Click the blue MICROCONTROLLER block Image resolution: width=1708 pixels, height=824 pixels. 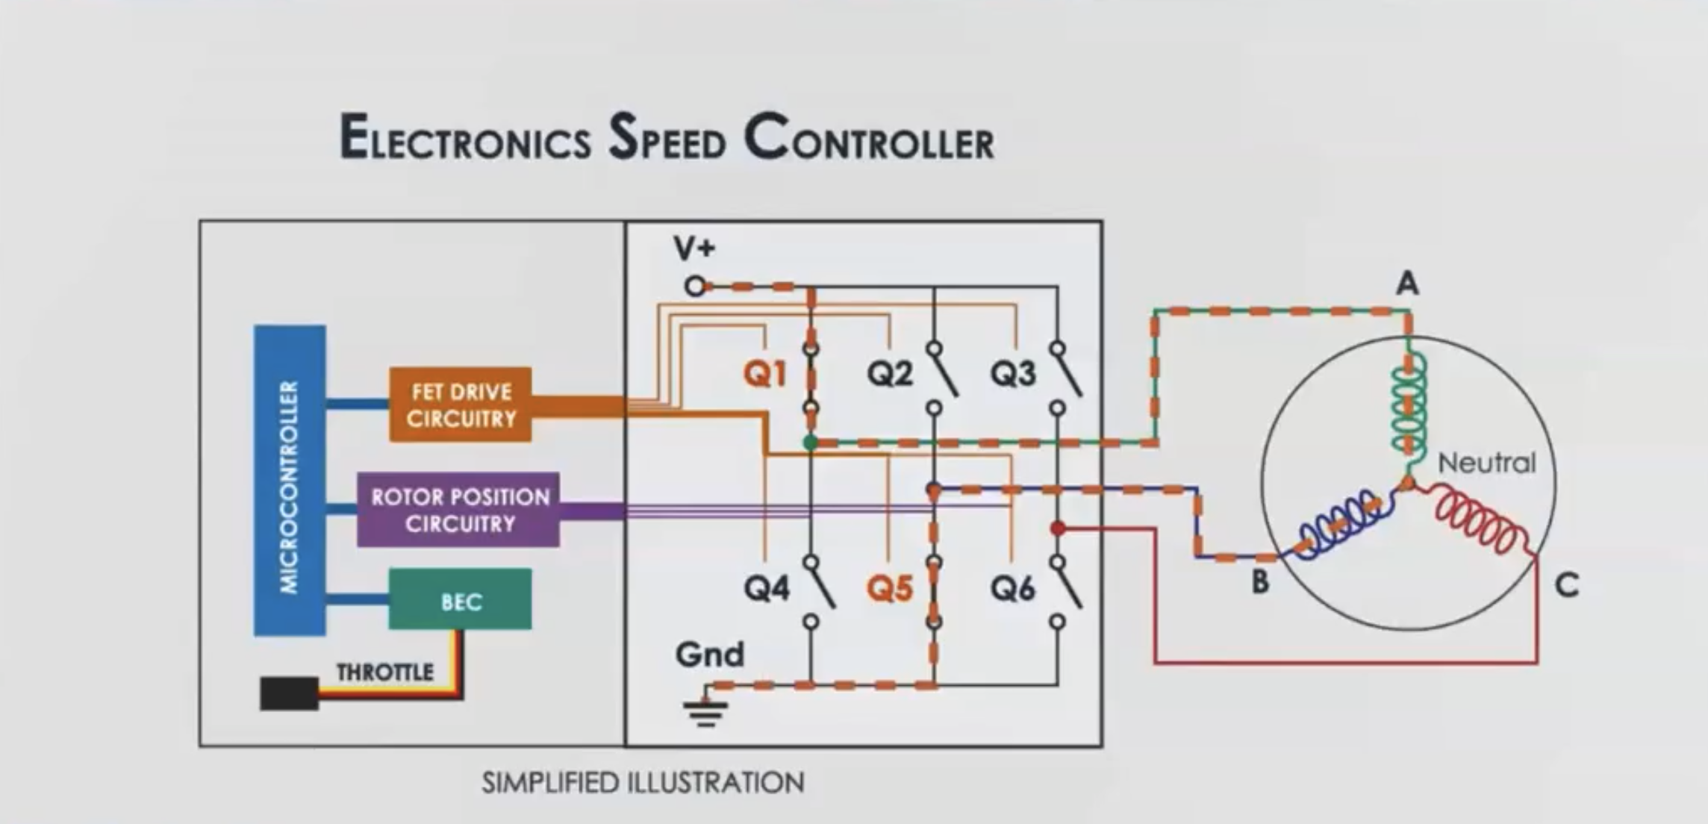[x=290, y=481]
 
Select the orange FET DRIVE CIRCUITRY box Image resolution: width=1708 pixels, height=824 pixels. [x=461, y=405]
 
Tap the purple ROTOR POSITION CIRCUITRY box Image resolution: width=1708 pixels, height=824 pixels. [x=458, y=510]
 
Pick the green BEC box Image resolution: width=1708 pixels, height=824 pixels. [x=460, y=599]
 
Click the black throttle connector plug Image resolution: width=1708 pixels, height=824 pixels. [x=289, y=693]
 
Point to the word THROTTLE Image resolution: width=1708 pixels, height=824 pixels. [x=385, y=672]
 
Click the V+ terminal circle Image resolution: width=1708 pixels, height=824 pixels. [x=695, y=286]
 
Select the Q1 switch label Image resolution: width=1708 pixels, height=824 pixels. [x=765, y=373]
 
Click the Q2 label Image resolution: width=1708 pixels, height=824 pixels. [x=890, y=373]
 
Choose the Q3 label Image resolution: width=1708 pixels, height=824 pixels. [x=1013, y=373]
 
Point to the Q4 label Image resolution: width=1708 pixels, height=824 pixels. [x=767, y=588]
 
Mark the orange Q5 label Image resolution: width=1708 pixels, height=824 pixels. [x=890, y=588]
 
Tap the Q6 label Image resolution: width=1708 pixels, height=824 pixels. [x=1013, y=588]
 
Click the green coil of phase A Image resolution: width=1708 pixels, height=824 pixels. [x=1409, y=403]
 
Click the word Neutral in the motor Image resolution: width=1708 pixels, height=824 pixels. [x=1487, y=463]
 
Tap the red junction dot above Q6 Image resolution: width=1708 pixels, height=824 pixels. [x=1058, y=528]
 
